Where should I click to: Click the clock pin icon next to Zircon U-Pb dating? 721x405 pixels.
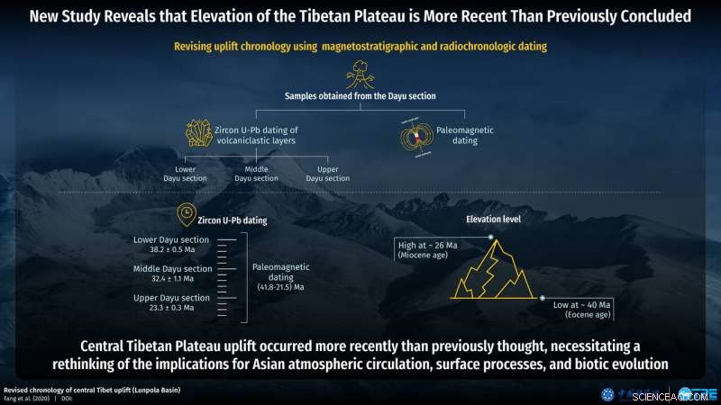pyautogui.click(x=184, y=214)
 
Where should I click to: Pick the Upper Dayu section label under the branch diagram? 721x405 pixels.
pyautogui.click(x=322, y=173)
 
